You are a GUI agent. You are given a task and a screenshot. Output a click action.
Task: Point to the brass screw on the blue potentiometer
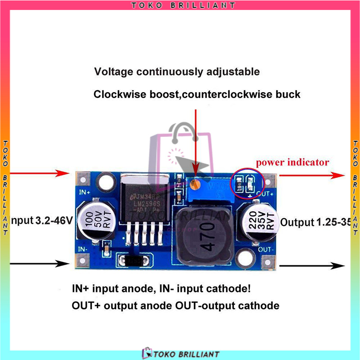195,184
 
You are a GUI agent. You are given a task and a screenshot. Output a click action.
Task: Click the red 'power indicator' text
292,162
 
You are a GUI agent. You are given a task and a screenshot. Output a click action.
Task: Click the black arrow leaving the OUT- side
310,265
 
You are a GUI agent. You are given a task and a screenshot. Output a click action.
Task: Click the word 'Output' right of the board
297,222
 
